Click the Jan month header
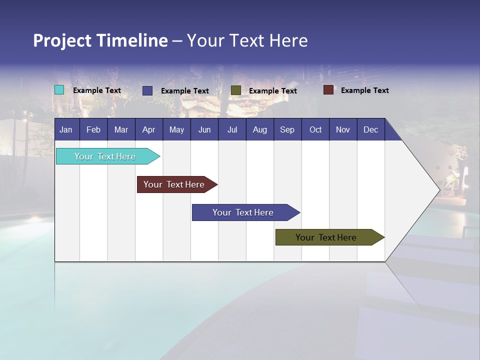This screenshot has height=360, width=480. point(66,129)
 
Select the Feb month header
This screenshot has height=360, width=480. point(93,129)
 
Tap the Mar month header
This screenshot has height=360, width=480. point(121,129)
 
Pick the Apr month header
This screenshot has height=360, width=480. point(149,129)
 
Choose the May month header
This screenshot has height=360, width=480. point(176,129)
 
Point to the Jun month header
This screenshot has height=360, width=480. point(204,129)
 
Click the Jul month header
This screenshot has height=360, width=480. point(232,129)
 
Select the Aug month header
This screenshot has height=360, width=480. point(260,129)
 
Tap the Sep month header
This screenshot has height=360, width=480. point(287,129)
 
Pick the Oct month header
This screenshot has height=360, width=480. point(315,129)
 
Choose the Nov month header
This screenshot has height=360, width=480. point(343,129)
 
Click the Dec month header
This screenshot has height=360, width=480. point(371,129)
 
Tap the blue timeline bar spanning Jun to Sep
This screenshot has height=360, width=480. point(243,212)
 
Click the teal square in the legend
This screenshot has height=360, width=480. point(59,90)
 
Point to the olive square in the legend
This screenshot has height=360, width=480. point(236,90)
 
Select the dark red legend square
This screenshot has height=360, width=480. point(328,90)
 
